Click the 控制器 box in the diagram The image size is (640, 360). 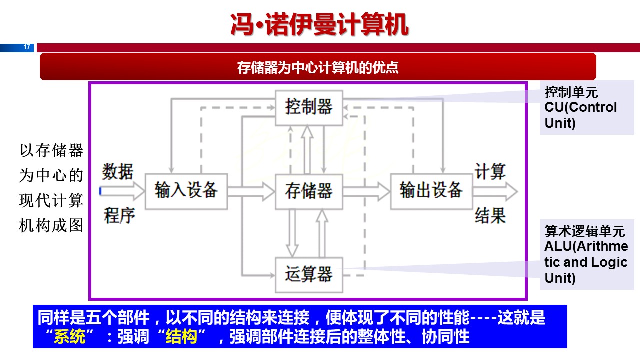pos(309,107)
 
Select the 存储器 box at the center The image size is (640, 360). pos(309,191)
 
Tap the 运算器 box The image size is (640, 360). pos(309,274)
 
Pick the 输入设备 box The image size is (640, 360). pos(186,191)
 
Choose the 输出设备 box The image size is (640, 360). pos(431,191)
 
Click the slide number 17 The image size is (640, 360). pos(27,47)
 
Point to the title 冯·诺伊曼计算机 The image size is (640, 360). pos(319,24)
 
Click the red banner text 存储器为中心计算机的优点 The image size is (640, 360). pos(318,67)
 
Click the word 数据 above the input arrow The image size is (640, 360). pos(118,171)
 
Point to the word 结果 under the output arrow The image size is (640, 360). pos(490,215)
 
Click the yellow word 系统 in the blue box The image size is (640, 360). pos(69,337)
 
